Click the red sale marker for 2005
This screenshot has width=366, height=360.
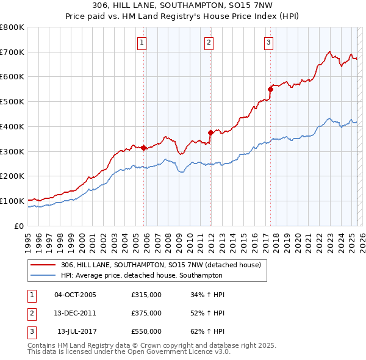144,148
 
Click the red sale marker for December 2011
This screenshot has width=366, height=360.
210,132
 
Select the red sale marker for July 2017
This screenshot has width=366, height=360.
270,89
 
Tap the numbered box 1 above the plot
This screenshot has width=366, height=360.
142,42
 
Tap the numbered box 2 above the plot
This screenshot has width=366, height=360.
209,42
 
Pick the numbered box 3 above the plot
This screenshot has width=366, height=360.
268,42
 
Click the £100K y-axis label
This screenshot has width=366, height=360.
12,201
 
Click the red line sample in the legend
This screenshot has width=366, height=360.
43,265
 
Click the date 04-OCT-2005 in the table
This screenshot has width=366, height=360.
75,295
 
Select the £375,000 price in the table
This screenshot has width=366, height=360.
146,313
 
